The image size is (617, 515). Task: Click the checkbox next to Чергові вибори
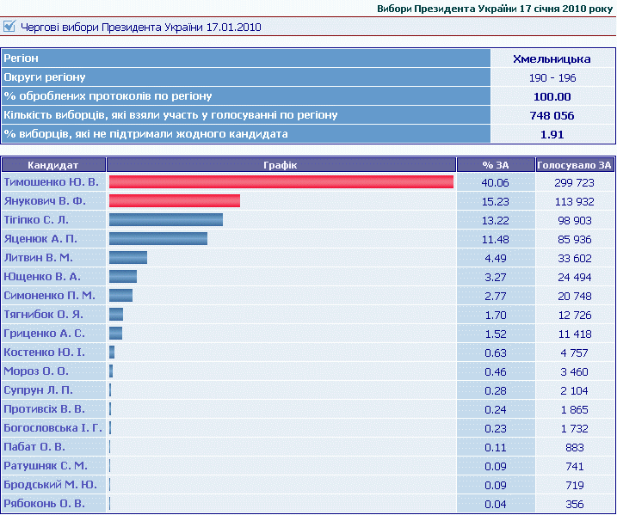pyautogui.click(x=10, y=27)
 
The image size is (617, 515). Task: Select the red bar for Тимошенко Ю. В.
pyautogui.click(x=281, y=182)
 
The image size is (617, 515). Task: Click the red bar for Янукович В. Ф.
pyautogui.click(x=174, y=201)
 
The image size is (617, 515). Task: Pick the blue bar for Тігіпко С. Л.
pyautogui.click(x=165, y=220)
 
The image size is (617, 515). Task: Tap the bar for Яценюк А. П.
pyautogui.click(x=157, y=239)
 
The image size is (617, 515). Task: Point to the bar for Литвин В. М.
pyautogui.click(x=127, y=258)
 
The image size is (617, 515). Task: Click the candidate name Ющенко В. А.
pyautogui.click(x=42, y=277)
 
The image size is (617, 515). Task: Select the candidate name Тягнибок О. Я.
pyautogui.click(x=43, y=314)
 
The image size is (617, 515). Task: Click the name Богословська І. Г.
pyautogui.click(x=52, y=427)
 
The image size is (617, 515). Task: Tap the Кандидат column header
pyautogui.click(x=53, y=164)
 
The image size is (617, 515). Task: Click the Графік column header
pyautogui.click(x=281, y=164)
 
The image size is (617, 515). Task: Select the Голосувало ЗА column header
pyautogui.click(x=575, y=164)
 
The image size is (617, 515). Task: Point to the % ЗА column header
pyautogui.click(x=496, y=164)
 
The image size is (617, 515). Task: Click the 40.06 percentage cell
pyautogui.click(x=496, y=183)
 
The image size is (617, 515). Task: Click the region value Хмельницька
pyautogui.click(x=552, y=59)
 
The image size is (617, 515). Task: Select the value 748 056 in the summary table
pyautogui.click(x=552, y=115)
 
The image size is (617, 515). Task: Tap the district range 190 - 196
pyautogui.click(x=552, y=78)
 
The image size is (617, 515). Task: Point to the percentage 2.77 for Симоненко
pyautogui.click(x=496, y=296)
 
